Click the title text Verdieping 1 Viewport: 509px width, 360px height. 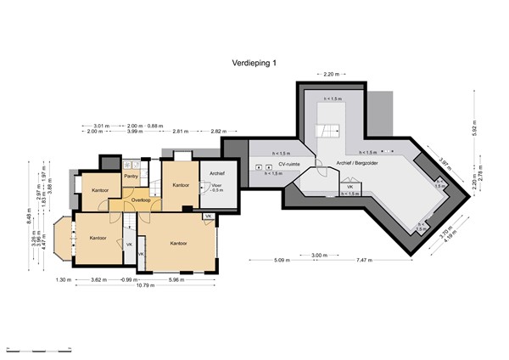pos(254,62)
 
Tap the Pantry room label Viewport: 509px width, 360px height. pos(131,177)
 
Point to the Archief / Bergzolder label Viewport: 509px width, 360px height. pos(358,163)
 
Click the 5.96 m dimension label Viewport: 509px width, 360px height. pos(176,279)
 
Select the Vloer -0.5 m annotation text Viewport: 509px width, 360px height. pos(216,188)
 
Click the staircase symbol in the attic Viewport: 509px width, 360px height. pos(326,131)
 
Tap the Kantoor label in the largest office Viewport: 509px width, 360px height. pos(178,243)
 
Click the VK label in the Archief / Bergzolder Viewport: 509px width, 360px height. pos(350,186)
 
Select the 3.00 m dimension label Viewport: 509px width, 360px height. pos(319,255)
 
